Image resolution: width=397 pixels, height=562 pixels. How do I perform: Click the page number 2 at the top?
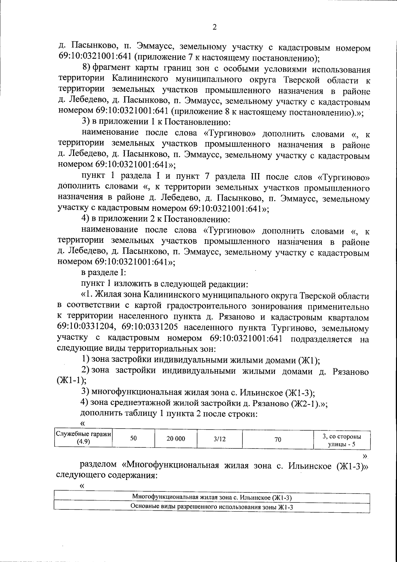click(214, 27)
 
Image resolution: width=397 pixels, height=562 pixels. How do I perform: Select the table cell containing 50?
click(134, 438)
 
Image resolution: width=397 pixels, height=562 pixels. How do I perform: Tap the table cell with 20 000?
click(176, 439)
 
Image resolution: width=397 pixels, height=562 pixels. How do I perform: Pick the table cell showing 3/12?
click(220, 439)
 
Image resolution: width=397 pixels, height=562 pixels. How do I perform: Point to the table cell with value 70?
click(278, 439)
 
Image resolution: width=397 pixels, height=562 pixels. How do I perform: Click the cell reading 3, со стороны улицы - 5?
click(341, 440)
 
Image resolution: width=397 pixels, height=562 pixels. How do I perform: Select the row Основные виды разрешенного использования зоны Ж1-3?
click(212, 507)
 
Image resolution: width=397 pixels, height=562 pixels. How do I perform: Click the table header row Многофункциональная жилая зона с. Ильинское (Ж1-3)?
click(212, 497)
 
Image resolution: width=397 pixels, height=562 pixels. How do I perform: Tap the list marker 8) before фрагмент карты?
click(86, 69)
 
